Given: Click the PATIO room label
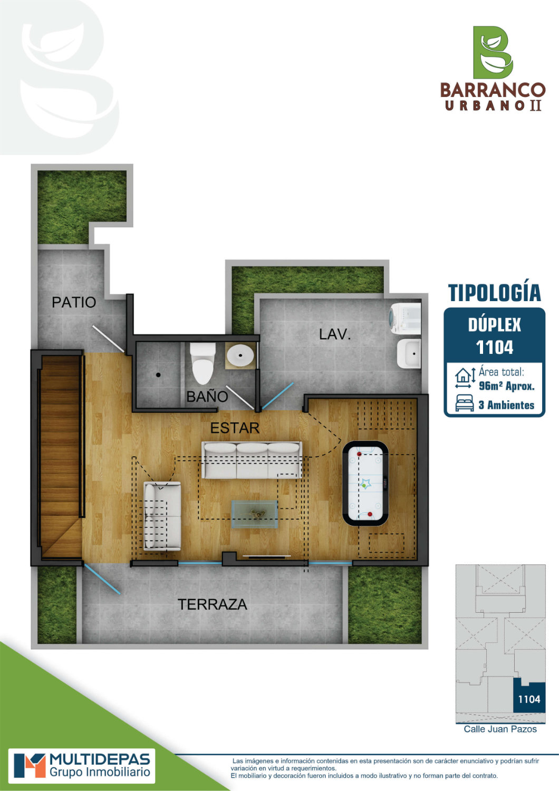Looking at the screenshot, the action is point(74,302).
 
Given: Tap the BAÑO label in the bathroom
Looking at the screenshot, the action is point(207,397).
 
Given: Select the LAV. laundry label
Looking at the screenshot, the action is point(335,334).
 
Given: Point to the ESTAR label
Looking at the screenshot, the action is point(235,428).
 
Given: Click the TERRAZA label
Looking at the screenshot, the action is point(212,604).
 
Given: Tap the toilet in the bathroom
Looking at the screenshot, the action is point(203,363).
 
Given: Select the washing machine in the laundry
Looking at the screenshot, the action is point(405,318).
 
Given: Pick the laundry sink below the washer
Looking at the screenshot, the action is point(409,354).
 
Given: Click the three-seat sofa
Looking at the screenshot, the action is point(252,460).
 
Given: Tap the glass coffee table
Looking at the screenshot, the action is point(254,514).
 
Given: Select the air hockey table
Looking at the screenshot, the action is point(365,483).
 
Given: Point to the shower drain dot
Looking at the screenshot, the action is point(158,374).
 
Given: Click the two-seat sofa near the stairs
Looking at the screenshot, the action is point(162,516).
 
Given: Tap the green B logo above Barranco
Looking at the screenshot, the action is point(493,52).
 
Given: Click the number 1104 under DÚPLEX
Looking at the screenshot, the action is point(494,348).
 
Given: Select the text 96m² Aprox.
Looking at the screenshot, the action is point(506,386).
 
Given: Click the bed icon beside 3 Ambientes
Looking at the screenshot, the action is point(465,403).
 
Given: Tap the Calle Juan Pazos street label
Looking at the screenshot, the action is point(500,729).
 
